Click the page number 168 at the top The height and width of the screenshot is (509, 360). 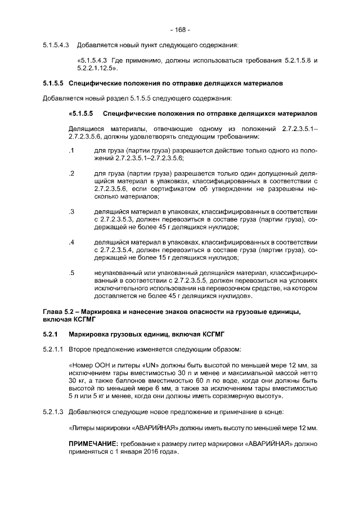[180, 29]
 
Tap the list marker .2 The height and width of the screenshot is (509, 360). [71, 173]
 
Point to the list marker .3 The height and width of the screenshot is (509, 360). [71, 211]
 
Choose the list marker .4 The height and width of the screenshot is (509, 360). [71, 242]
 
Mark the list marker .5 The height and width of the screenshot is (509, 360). [71, 272]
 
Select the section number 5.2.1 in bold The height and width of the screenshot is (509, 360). [51, 335]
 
